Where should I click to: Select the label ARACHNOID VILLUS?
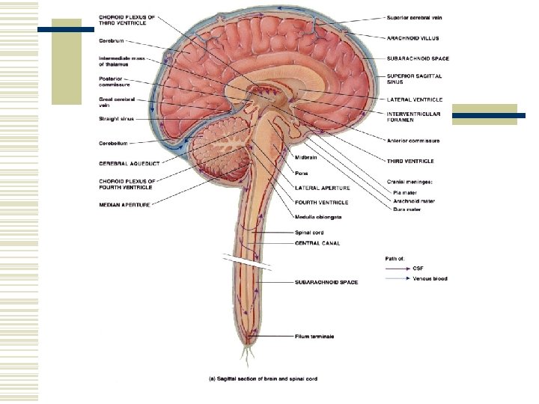pyautogui.click(x=413, y=37)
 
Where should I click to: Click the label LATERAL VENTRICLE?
pyautogui.click(x=415, y=100)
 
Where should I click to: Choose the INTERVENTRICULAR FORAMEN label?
pyautogui.click(x=414, y=117)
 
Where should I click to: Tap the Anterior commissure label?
pyautogui.click(x=413, y=141)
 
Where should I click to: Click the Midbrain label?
pyautogui.click(x=305, y=156)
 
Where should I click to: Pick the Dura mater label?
pyautogui.click(x=407, y=209)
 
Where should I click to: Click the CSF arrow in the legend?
pyautogui.click(x=397, y=268)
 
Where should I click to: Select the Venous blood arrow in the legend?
pyautogui.click(x=397, y=279)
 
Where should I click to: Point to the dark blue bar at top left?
pyautogui.click(x=65, y=29)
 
